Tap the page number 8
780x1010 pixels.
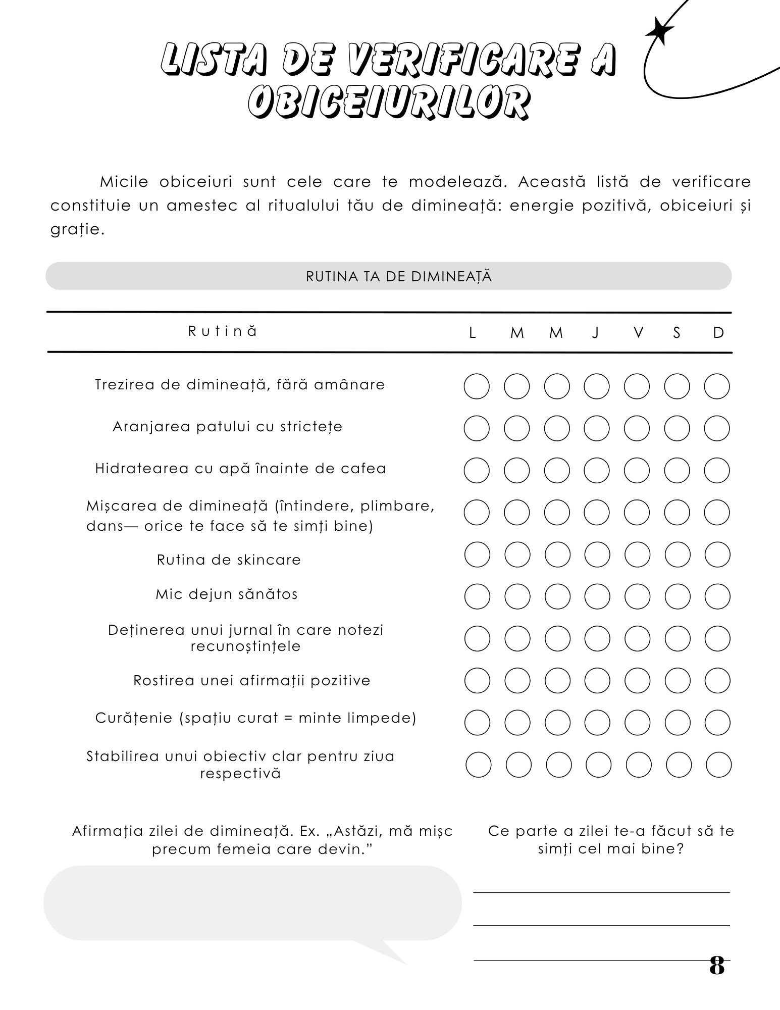pos(717,965)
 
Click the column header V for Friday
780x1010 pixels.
pos(638,333)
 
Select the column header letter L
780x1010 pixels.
pos(473,333)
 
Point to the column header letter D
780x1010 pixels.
pos(718,333)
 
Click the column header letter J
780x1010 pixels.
pos(596,333)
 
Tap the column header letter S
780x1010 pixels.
pos(677,333)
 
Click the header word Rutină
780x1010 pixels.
pos(223,331)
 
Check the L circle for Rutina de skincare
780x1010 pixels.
pos(477,555)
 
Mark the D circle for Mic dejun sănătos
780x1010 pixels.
pos(717,597)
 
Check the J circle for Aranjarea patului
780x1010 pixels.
pos(597,429)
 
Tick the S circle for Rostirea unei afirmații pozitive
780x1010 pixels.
pos(678,681)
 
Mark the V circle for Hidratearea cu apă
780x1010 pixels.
pos(637,471)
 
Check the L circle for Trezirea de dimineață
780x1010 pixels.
pos(477,387)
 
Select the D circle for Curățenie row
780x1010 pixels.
pos(717,723)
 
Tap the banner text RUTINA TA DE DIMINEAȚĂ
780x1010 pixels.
pos(399,277)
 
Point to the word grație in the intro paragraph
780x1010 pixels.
pos(76,230)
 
